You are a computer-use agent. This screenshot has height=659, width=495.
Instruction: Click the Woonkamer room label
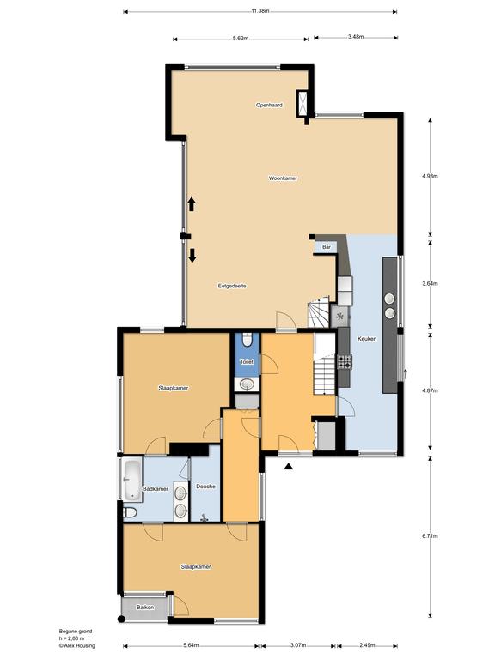point(283,178)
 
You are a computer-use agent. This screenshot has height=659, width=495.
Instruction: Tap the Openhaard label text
point(269,105)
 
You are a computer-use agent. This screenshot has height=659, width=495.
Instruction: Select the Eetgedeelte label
point(232,286)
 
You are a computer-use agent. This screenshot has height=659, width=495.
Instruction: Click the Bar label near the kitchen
point(327,247)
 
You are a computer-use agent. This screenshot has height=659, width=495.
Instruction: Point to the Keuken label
point(367,339)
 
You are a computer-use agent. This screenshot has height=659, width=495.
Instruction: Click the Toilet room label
point(247,361)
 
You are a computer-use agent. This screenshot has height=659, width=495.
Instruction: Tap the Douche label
point(206,487)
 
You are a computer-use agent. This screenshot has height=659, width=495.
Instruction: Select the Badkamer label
point(156,489)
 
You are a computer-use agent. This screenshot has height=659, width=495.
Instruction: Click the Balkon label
point(145,608)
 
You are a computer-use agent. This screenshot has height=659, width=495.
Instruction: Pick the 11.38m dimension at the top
point(260,11)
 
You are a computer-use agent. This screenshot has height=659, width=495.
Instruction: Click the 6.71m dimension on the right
point(430,535)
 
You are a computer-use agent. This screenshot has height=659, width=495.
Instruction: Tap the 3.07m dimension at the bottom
point(298,645)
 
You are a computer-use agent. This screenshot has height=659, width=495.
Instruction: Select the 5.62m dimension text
point(241,39)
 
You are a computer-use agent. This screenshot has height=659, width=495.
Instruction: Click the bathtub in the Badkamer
point(132,480)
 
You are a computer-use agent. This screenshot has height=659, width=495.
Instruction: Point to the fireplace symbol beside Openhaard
point(302,103)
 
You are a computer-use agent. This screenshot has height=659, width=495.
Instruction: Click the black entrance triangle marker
point(289,466)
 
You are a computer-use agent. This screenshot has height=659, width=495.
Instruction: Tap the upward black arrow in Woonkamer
point(192,204)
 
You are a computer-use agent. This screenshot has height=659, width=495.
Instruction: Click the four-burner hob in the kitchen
point(345,362)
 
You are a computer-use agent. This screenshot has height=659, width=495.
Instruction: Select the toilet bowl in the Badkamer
point(130,512)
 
